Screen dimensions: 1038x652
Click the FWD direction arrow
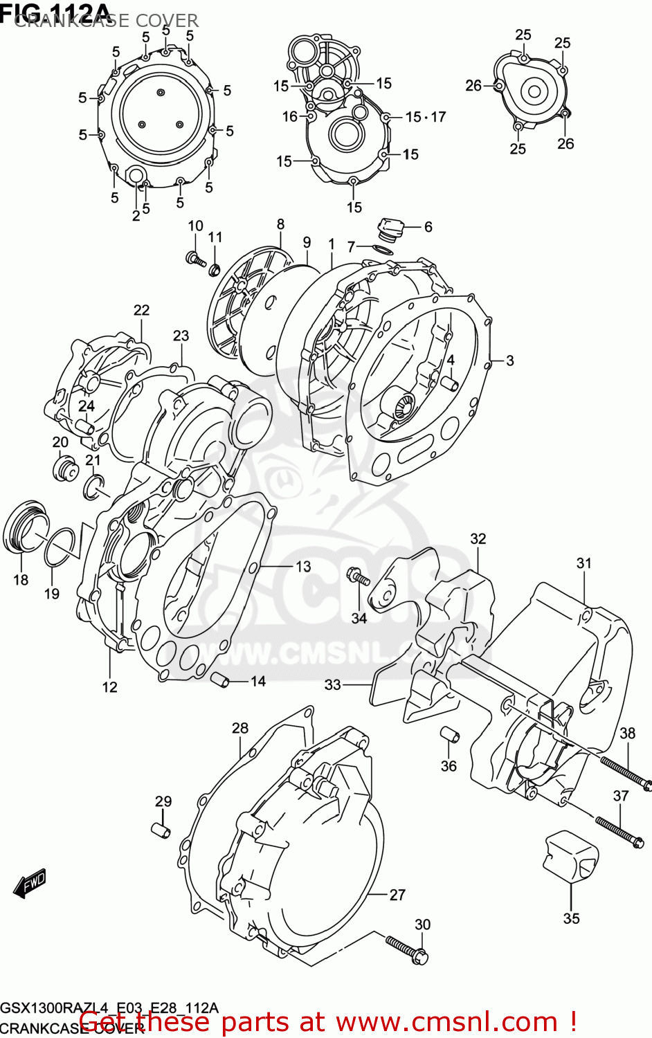point(30,883)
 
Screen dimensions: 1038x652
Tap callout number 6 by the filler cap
point(428,227)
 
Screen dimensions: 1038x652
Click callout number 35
point(571,918)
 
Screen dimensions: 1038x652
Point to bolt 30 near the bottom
point(408,949)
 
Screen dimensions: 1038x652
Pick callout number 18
point(21,580)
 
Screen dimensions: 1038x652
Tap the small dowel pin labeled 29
point(161,829)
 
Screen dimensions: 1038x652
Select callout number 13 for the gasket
point(303,567)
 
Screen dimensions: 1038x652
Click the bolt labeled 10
point(195,259)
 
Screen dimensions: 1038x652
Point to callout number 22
point(141,310)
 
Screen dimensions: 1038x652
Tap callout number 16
point(289,117)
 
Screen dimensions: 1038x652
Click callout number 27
point(397,895)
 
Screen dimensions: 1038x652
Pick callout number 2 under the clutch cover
point(136,215)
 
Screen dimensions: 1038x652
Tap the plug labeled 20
point(64,468)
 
